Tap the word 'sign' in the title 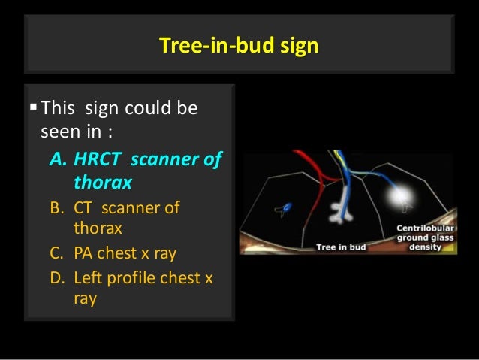(x=300, y=46)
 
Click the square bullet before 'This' (x=32, y=110)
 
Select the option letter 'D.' (x=59, y=277)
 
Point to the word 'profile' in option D (x=142, y=277)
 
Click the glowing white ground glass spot (x=396, y=197)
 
